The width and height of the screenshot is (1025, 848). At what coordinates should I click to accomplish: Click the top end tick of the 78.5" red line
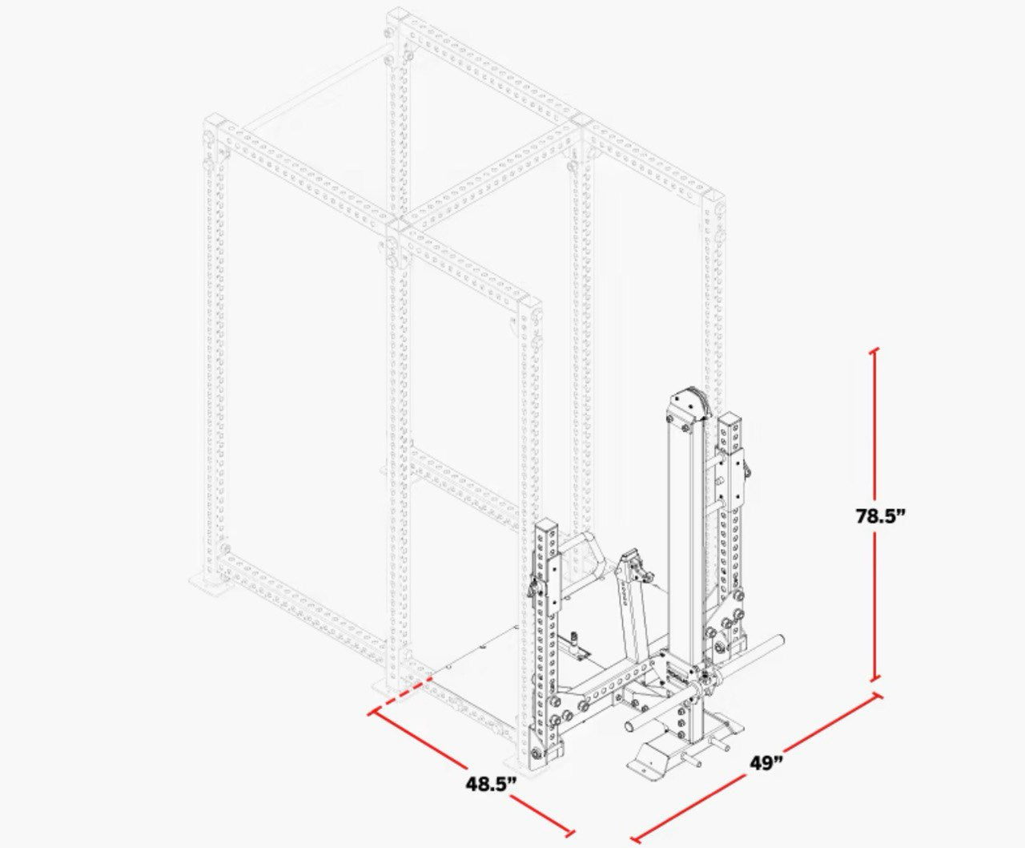click(x=874, y=350)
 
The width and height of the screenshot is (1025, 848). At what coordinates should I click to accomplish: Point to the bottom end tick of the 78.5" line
click(x=874, y=680)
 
